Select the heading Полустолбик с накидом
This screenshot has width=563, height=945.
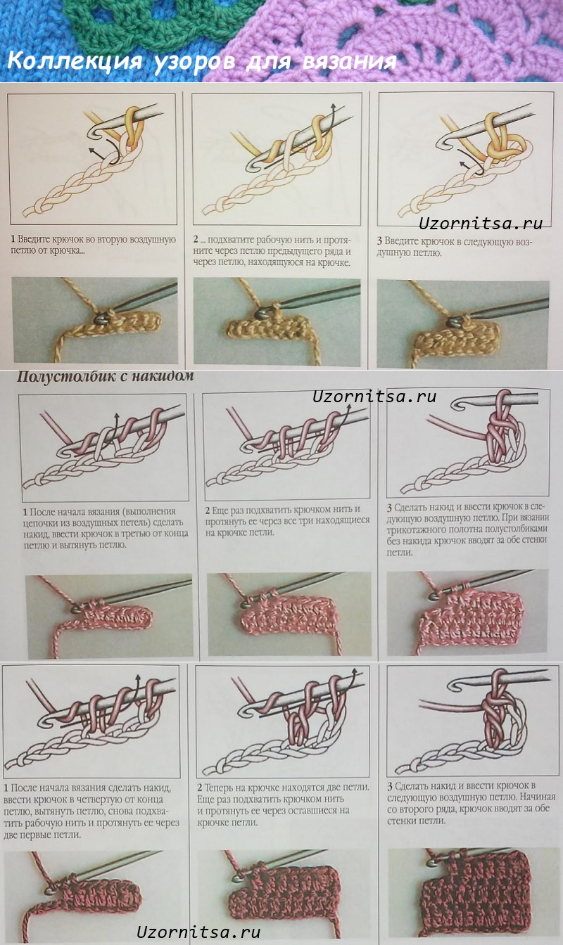pos(105,376)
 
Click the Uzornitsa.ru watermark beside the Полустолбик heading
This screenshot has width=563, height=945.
pos(374,397)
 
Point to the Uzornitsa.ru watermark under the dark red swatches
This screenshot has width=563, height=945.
pos(198,932)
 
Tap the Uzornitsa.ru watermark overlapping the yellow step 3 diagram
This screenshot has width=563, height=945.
pos(481,224)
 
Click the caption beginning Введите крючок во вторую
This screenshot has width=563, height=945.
pos(93,245)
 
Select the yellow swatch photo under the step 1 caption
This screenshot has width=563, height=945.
pos(94,320)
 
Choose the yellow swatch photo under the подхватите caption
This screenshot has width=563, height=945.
pos(276,321)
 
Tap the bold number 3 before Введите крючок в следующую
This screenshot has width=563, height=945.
pos(381,240)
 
